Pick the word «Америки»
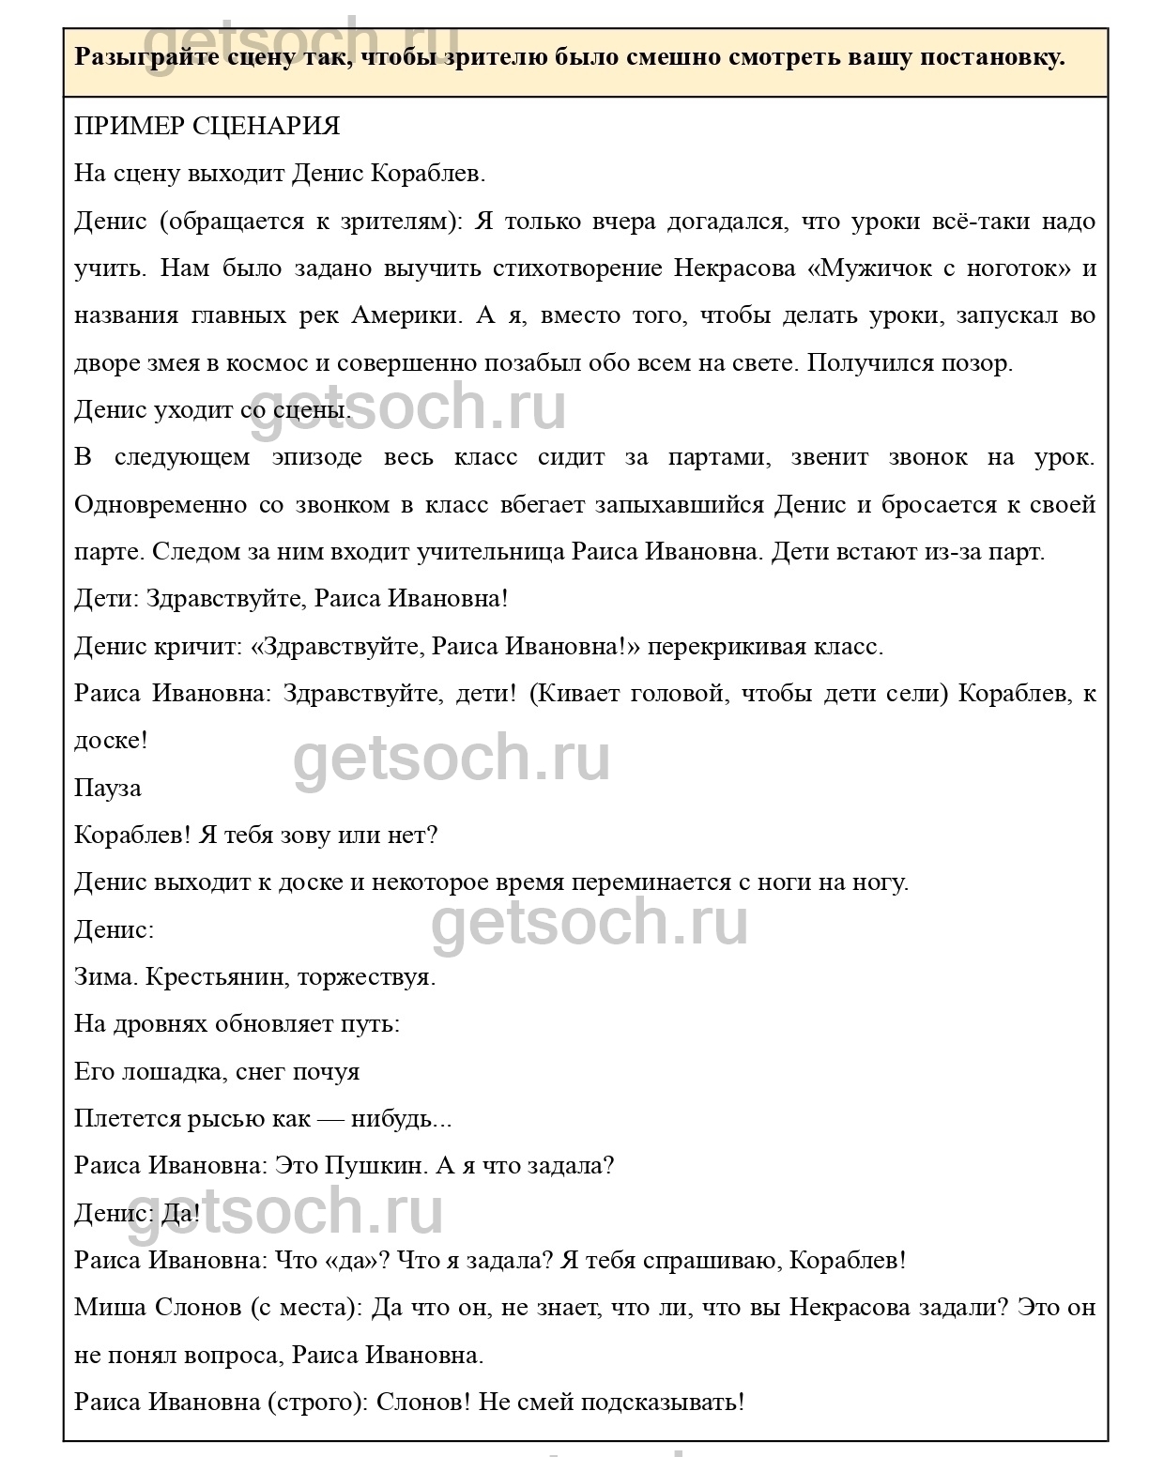[x=406, y=315]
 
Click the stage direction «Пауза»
[x=108, y=789]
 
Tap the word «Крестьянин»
[x=215, y=977]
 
